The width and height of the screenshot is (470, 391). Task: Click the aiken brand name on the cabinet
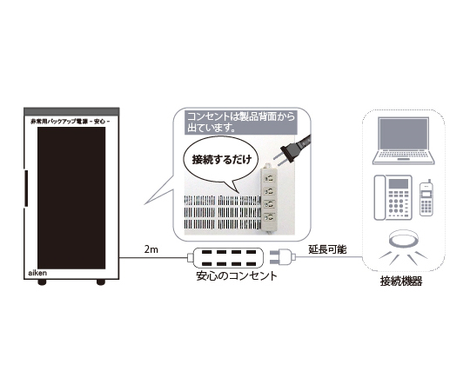point(37,273)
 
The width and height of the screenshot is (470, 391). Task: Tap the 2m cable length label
point(151,249)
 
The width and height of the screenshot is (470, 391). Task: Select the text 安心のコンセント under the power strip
point(237,275)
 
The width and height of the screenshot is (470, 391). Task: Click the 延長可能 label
point(327,249)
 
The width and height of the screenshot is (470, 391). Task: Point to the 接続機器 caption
point(401,282)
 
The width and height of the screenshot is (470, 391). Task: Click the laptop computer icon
point(404,141)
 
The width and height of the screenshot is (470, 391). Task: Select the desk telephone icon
point(393,197)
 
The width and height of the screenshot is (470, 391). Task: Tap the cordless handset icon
point(426,198)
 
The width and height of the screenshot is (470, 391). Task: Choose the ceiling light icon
point(404,247)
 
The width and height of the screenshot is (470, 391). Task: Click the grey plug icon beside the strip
point(283,257)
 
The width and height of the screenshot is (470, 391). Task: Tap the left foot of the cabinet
point(42,282)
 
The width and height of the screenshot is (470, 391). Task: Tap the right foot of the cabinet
point(101,282)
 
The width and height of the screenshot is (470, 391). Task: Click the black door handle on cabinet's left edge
point(26,189)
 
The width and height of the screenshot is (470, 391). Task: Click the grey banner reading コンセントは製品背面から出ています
point(240,122)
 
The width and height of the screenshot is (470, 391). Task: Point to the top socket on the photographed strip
point(269,178)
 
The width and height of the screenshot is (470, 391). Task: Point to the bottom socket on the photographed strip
point(269,217)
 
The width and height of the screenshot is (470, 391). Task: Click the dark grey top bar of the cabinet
point(71,111)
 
